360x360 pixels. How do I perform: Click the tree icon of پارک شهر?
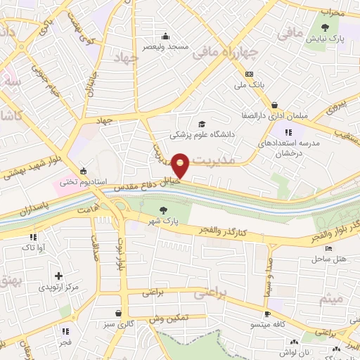(163, 209)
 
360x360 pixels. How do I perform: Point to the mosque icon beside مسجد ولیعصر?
(165, 37)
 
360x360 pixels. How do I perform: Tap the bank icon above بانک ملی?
(249, 74)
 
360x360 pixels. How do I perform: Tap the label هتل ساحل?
(328, 259)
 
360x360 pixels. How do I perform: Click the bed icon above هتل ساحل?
(328, 249)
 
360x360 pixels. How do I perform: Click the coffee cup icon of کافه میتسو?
(267, 314)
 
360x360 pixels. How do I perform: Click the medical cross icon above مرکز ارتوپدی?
(58, 276)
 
